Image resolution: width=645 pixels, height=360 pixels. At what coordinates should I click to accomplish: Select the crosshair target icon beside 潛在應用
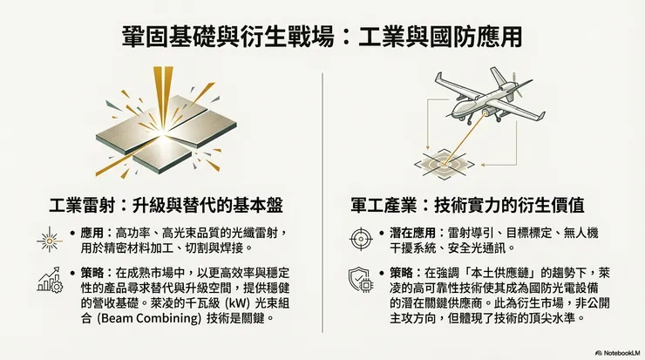[358, 237]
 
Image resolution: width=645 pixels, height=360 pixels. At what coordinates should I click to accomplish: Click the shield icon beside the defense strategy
[358, 278]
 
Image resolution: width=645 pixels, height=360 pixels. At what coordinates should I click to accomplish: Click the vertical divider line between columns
[322, 200]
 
